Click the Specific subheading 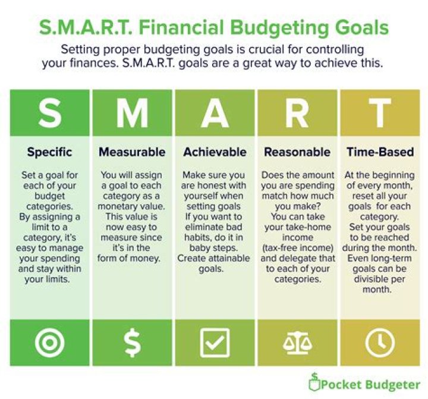click(x=49, y=152)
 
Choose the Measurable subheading click(x=131, y=152)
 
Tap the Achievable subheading click(x=215, y=152)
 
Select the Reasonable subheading click(x=297, y=152)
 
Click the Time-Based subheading click(x=380, y=152)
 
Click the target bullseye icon click(x=49, y=343)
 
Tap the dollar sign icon click(x=131, y=343)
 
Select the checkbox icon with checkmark click(x=215, y=343)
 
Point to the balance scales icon click(x=297, y=343)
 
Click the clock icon click(x=380, y=343)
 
